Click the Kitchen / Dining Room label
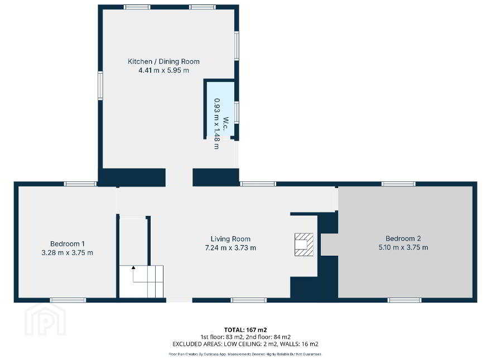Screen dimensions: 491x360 (163, 61)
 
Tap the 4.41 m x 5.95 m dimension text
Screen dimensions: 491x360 (163, 70)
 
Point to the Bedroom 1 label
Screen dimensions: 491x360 (68, 244)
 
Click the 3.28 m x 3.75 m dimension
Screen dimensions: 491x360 (68, 252)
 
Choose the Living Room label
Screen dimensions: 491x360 (230, 239)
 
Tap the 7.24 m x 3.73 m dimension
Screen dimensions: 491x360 (230, 248)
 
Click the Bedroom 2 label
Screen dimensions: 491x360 (403, 239)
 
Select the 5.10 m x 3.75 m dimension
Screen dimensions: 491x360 (403, 247)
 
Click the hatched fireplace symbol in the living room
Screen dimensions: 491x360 (304, 244)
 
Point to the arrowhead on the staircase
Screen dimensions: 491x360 (133, 267)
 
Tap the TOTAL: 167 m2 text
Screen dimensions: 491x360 (245, 330)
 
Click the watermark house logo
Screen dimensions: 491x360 (45, 320)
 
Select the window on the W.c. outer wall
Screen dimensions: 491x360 (237, 112)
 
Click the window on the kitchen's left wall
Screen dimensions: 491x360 (100, 85)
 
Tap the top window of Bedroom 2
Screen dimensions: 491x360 (398, 184)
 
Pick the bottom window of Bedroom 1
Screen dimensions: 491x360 (68, 300)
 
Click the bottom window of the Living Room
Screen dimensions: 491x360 (249, 300)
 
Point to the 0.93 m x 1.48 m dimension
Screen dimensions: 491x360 (216, 124)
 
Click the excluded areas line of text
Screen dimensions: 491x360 (245, 344)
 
